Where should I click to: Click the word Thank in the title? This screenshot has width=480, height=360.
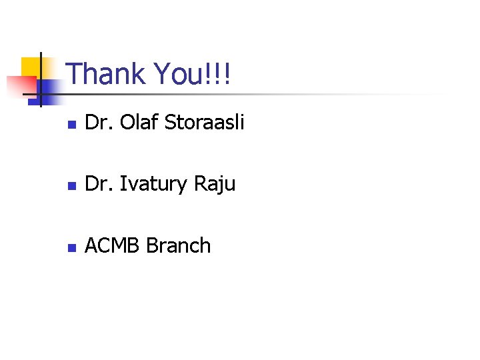pyautogui.click(x=107, y=74)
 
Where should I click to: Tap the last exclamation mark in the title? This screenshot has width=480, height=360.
pyautogui.click(x=227, y=74)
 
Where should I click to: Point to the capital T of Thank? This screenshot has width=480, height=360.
pyautogui.click(x=75, y=74)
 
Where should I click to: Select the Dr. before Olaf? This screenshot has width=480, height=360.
pyautogui.click(x=98, y=123)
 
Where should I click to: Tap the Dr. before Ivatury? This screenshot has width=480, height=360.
pyautogui.click(x=98, y=184)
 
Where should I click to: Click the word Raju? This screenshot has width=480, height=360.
pyautogui.click(x=215, y=185)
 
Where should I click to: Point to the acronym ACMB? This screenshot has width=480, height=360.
pyautogui.click(x=112, y=246)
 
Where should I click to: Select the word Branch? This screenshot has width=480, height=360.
pyautogui.click(x=178, y=246)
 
